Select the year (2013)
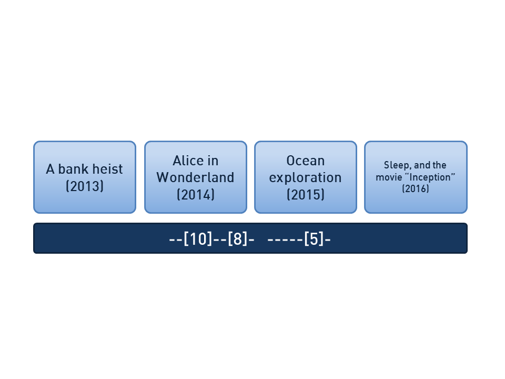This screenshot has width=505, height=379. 85,186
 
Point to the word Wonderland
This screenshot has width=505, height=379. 195,177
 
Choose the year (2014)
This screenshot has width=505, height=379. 195,194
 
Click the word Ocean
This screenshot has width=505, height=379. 305,161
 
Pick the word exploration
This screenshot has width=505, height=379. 305,177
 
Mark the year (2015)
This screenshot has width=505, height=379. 305,194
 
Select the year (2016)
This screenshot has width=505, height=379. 416,188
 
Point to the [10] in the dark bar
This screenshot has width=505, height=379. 198,240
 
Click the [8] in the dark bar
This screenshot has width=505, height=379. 238,240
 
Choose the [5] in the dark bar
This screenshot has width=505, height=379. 314,240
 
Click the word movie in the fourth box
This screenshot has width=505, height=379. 388,177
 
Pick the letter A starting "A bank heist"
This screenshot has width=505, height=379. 50,169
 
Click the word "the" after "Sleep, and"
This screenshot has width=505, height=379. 440,165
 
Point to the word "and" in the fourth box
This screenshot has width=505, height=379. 422,165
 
